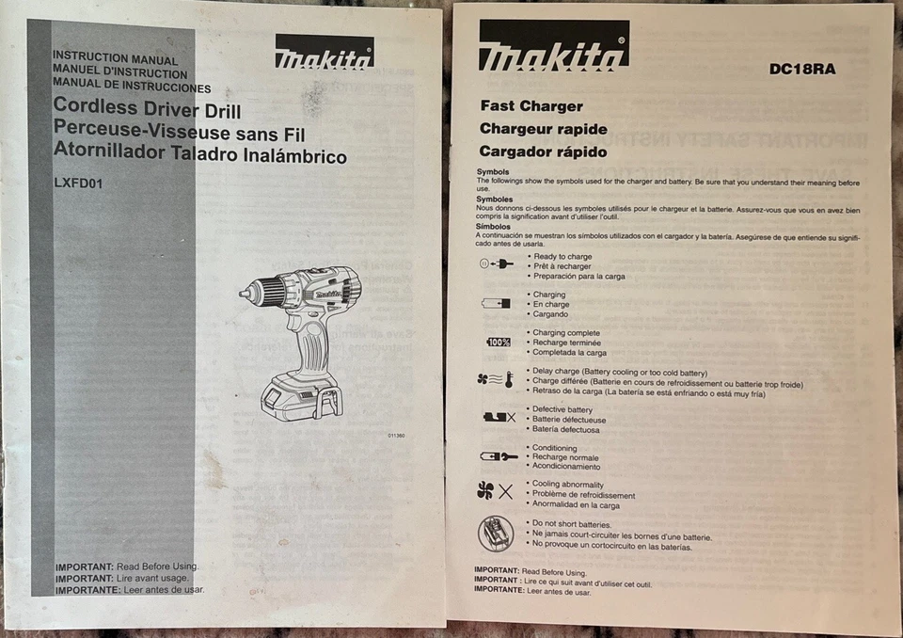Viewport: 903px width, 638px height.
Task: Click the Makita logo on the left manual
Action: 325,54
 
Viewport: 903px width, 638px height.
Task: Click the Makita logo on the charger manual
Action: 554,47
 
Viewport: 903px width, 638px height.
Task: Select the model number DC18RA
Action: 801,69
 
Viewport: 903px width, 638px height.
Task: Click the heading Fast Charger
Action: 531,106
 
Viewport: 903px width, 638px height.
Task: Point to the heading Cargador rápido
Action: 543,152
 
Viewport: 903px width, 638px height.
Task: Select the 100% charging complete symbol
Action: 498,342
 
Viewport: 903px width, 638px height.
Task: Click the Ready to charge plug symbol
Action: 497,264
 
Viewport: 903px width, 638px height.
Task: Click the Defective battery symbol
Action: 498,417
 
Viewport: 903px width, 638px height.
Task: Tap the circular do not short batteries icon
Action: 496,534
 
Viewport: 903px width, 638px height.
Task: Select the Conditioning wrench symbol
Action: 498,456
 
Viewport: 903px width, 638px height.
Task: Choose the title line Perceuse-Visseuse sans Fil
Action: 179,133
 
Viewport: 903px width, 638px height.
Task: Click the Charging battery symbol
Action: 496,303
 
